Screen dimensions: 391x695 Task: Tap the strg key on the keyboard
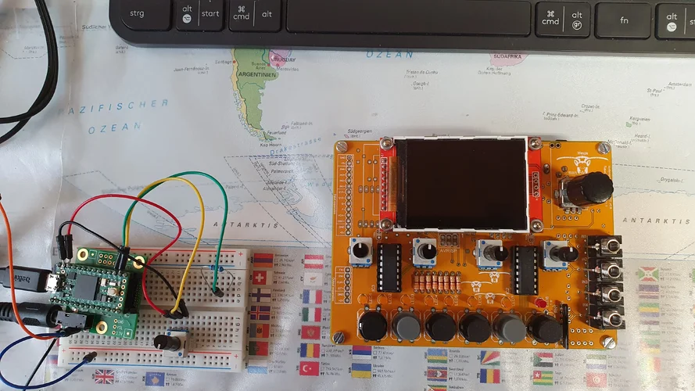[x=137, y=14]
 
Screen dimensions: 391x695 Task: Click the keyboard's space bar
[x=407, y=16]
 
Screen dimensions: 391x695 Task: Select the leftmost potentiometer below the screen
[x=361, y=249]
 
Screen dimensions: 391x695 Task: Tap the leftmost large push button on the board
[x=371, y=326]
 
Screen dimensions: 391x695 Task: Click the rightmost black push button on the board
[x=545, y=328]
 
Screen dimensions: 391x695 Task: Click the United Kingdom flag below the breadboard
[x=104, y=377]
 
